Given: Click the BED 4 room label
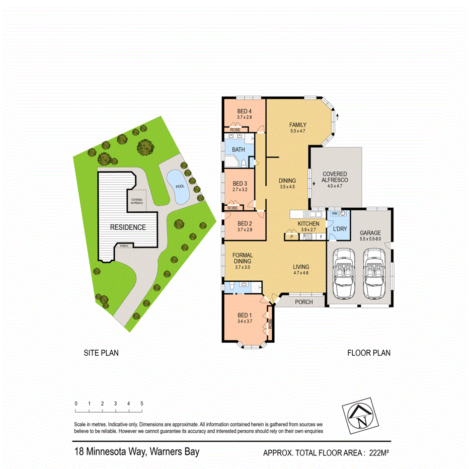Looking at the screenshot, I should click(x=244, y=111).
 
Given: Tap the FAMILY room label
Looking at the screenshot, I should click(x=298, y=125).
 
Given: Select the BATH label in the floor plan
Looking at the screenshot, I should click(x=238, y=149).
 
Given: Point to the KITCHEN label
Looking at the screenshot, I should click(x=308, y=223).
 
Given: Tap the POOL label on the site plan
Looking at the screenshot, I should click(x=180, y=186).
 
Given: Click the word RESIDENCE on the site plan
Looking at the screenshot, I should click(x=128, y=227).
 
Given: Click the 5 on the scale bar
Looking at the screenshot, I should click(x=142, y=404).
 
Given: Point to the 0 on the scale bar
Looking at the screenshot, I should click(x=75, y=404).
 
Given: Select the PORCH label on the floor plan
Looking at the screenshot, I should click(x=303, y=302).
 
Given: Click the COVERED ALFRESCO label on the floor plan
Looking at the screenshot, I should click(x=335, y=177).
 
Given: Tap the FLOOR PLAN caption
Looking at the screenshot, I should click(x=369, y=353).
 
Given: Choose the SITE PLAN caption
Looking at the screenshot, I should click(x=101, y=353).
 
